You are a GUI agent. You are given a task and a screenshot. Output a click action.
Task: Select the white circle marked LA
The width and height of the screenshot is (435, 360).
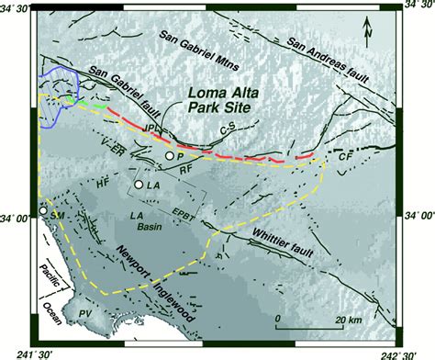point(139,186)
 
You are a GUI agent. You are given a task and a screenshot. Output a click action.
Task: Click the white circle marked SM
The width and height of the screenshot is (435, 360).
point(43,212)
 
